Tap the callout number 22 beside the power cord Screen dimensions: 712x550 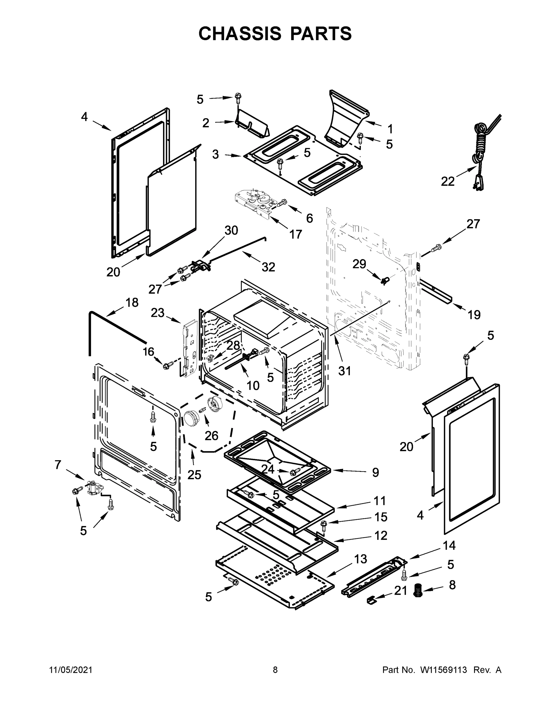click(x=447, y=182)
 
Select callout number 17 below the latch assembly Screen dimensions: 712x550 click(x=296, y=234)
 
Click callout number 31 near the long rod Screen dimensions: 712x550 click(x=345, y=370)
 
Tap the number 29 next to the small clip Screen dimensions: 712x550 click(x=359, y=264)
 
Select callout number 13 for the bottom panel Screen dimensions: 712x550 click(x=360, y=559)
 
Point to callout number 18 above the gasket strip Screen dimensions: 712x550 click(x=132, y=303)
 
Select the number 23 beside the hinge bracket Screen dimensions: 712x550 click(x=157, y=313)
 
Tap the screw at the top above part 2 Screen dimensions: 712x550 click(x=238, y=96)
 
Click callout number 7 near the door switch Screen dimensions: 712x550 click(x=58, y=465)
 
